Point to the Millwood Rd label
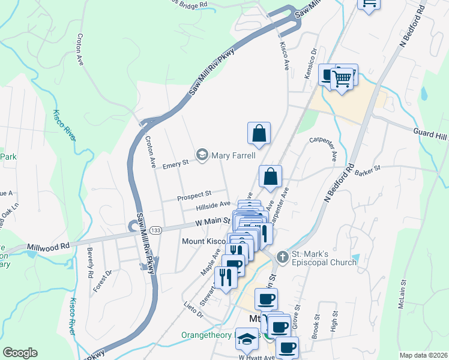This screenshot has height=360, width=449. tap(49, 246)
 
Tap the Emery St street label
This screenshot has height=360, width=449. tap(177, 162)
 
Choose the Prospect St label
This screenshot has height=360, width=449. tap(194, 195)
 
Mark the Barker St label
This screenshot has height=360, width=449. tap(368, 171)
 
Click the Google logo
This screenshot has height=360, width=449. tap(20, 353)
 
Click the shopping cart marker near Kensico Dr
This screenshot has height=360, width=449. tap(343, 77)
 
